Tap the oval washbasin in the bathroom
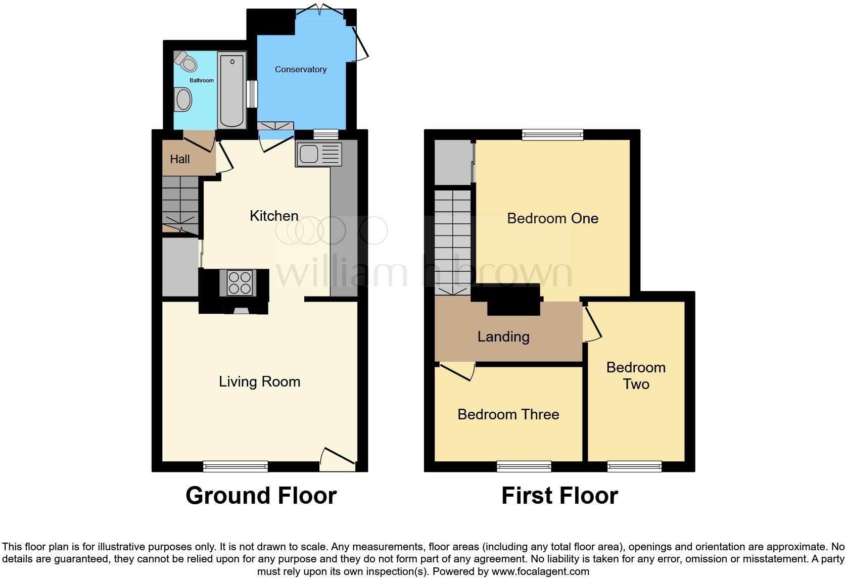pos(182,99)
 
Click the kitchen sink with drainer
pos(319,154)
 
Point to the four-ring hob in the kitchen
pos(240,283)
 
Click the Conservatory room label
pos(301,70)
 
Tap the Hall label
pos(180,159)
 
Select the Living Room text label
pos(259,381)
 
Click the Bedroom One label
pos(552,218)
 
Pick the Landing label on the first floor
pos(503,336)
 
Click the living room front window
pos(236,466)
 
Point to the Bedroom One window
pos(552,134)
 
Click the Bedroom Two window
pos(634,466)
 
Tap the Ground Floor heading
pos(261,496)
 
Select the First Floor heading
pos(559,496)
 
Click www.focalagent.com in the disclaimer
pos(540,571)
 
